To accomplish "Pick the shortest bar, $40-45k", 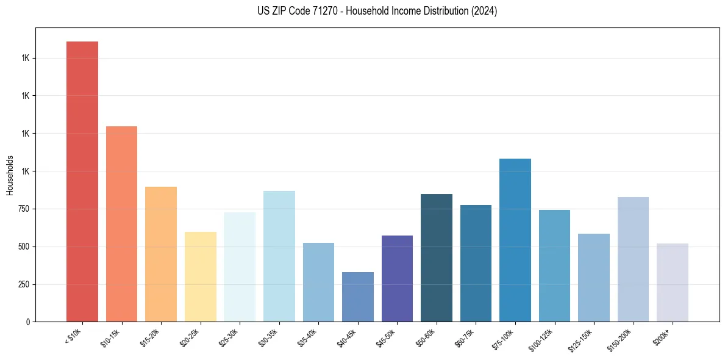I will point(358,297).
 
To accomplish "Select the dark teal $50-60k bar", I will point(437,257).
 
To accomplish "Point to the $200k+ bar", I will point(673,283).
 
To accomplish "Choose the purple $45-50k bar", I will point(397,278).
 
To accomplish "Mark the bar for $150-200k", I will point(633,259).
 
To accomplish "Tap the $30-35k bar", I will point(279,256).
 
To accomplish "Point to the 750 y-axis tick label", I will point(23,209).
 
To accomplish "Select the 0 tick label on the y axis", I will point(28,322).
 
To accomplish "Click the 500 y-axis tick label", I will point(23,247).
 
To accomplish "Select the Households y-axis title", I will point(10,175).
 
